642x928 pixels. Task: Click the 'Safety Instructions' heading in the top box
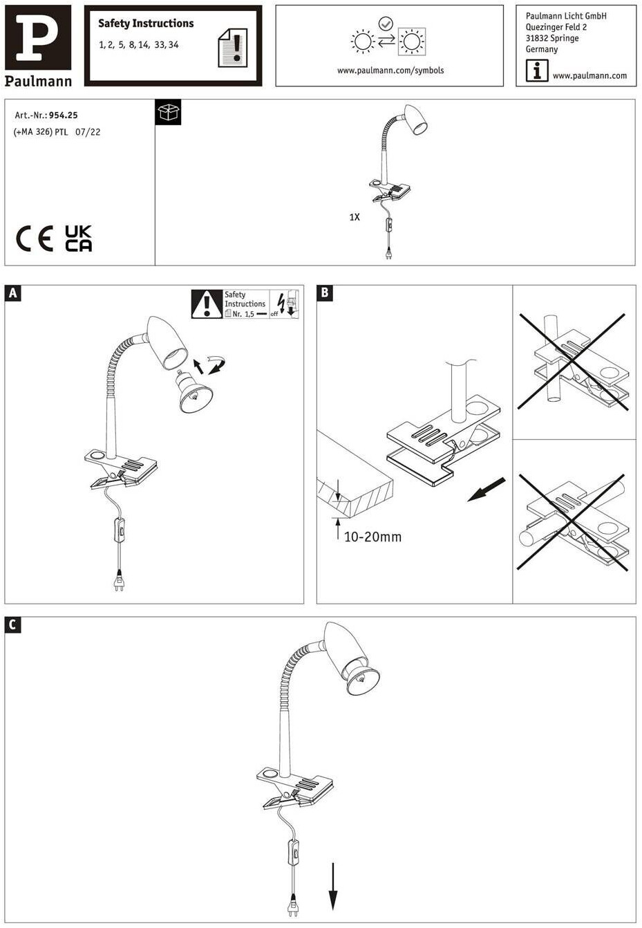point(146,24)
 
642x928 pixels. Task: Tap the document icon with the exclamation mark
point(233,48)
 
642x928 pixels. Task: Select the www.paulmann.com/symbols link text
point(390,71)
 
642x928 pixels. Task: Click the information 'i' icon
point(537,71)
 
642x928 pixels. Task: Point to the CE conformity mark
point(35,239)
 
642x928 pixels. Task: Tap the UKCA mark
point(78,239)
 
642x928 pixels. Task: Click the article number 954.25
point(64,115)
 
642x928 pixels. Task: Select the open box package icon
point(169,112)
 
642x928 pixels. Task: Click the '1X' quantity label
point(355,217)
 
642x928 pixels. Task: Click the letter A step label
point(12,293)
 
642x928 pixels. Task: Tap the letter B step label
point(325,293)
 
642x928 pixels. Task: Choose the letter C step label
point(12,625)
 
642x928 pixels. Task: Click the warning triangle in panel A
point(206,304)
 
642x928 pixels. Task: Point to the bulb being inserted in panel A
point(193,393)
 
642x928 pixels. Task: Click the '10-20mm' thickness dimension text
point(372,537)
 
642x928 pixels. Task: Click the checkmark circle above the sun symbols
point(386,24)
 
